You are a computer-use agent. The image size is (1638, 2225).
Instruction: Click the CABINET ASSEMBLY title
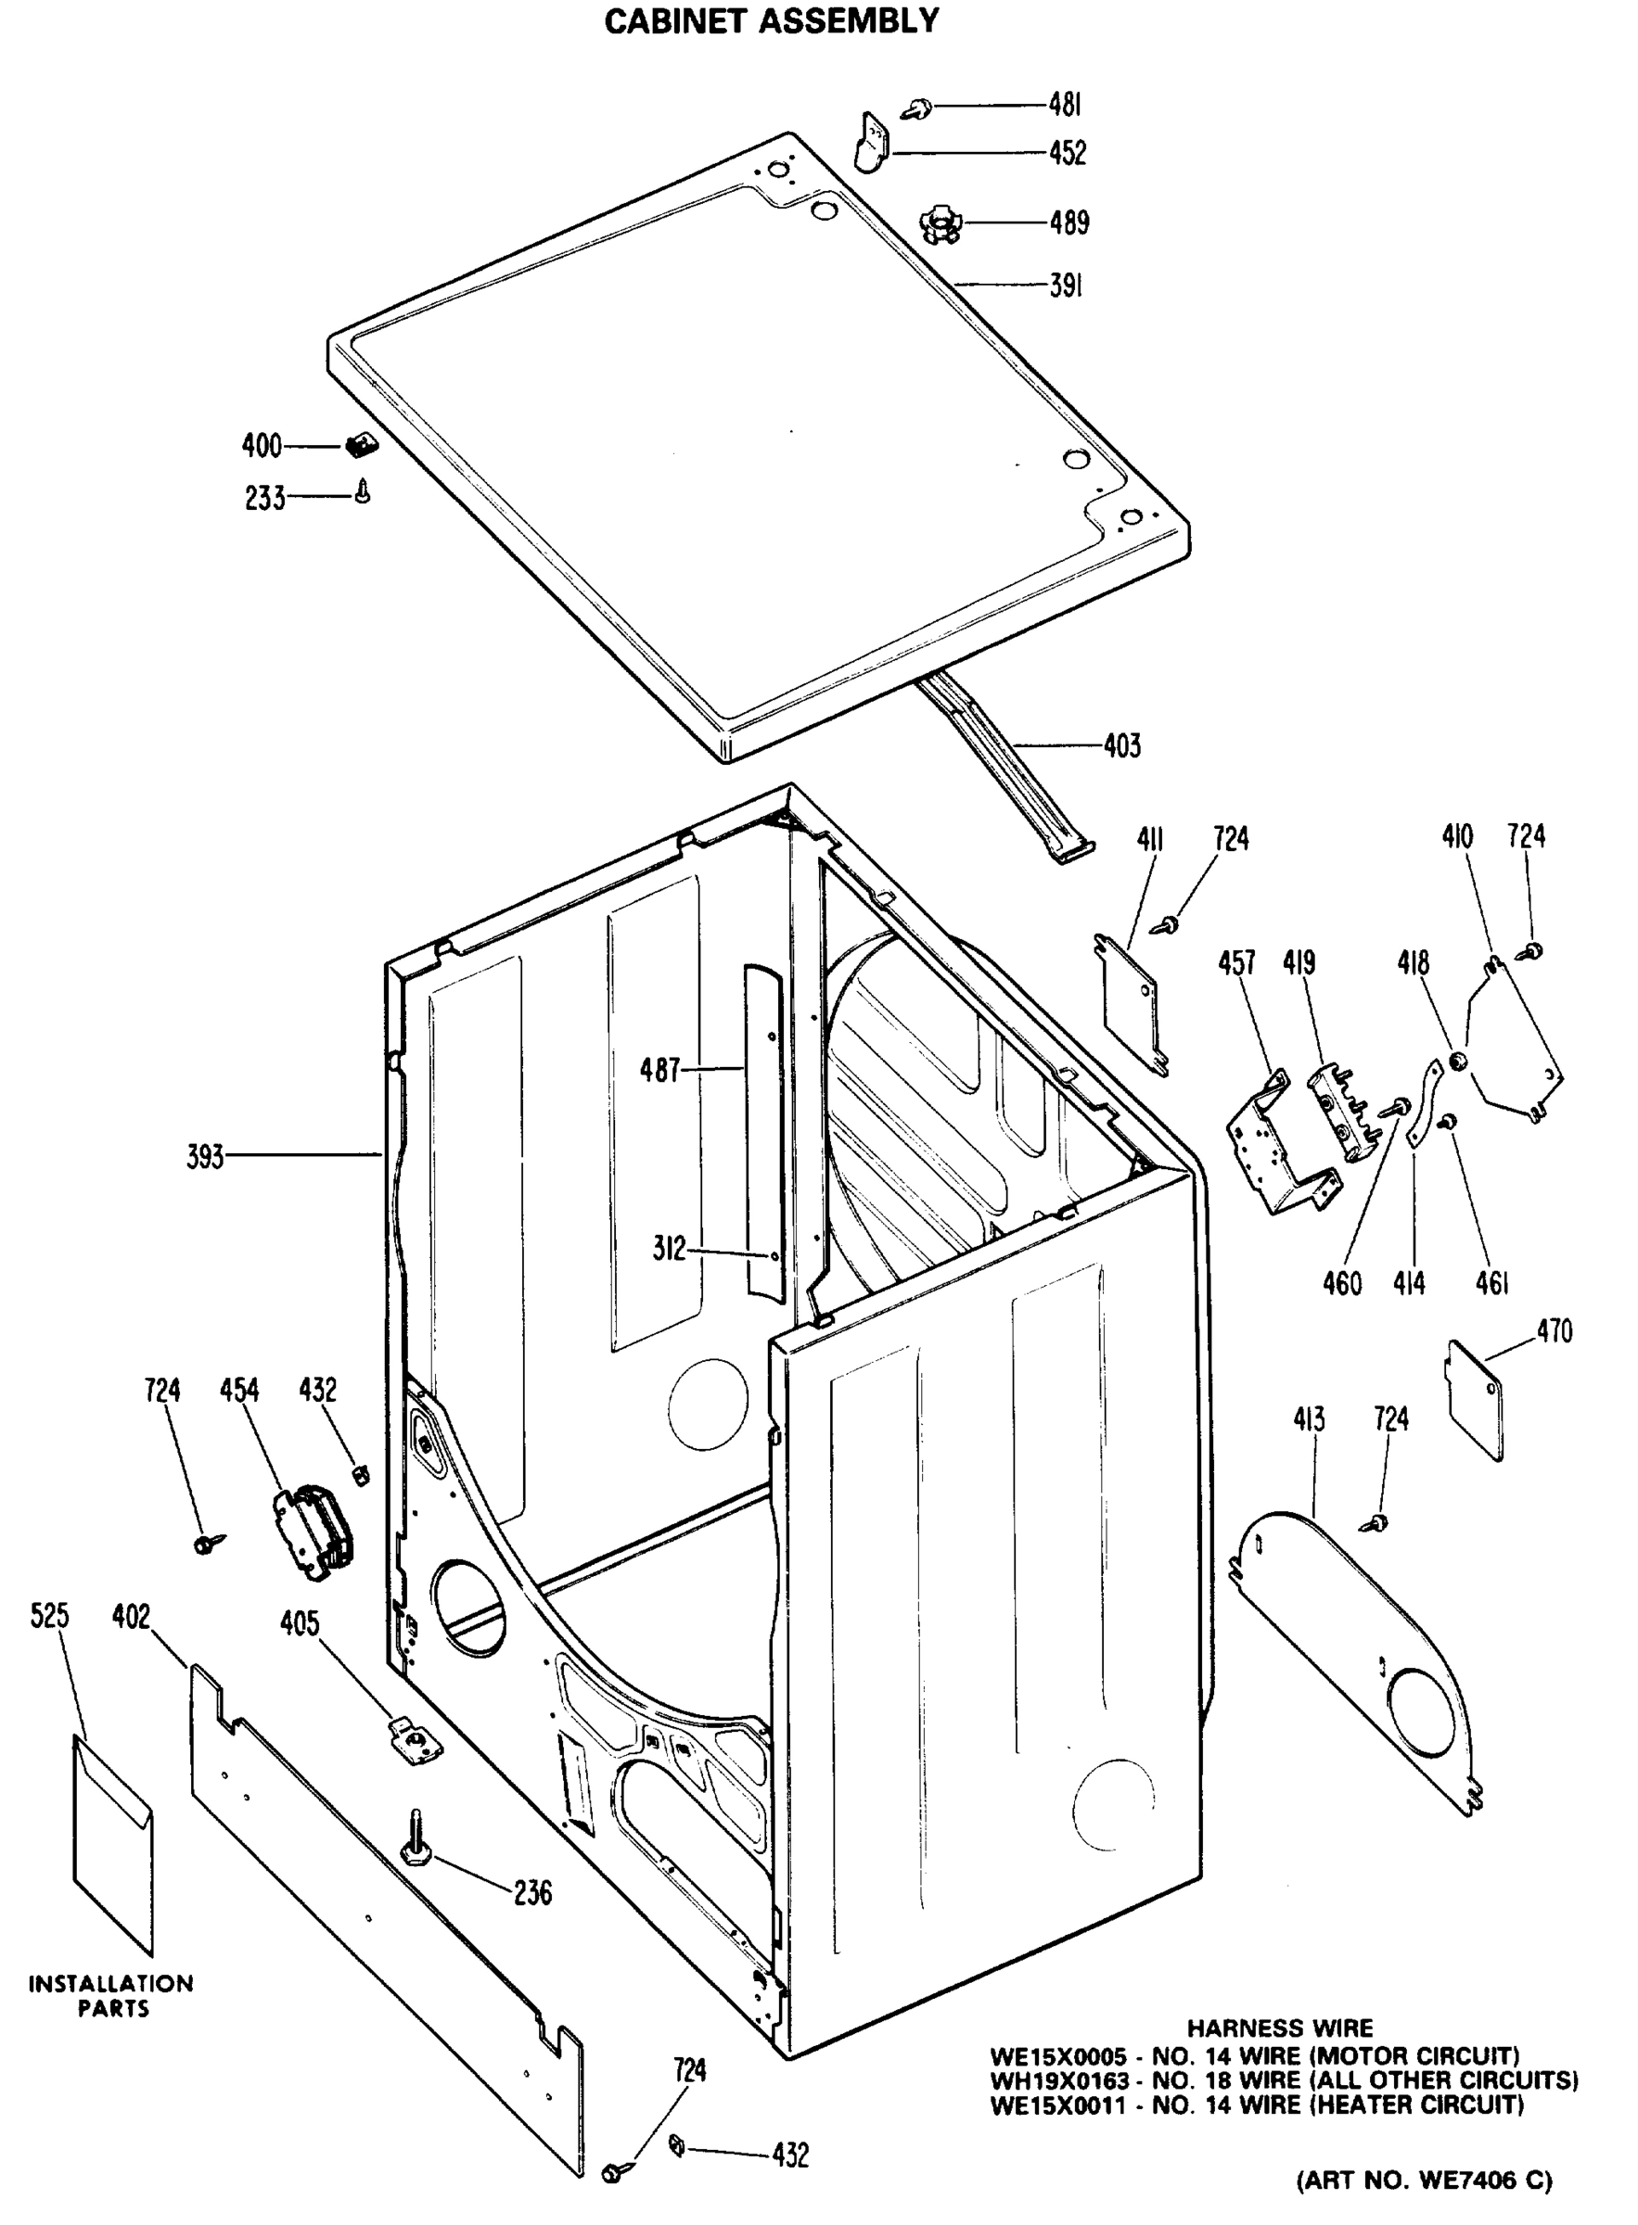tap(772, 20)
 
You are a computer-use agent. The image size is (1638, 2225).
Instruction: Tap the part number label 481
tap(1065, 104)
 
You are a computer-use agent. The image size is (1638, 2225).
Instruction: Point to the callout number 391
tap(1065, 286)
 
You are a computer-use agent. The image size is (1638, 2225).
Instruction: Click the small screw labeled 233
tap(364, 491)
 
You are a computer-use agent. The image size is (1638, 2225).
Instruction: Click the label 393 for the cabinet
tap(205, 1157)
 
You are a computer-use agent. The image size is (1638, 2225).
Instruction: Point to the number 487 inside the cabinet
tap(660, 1069)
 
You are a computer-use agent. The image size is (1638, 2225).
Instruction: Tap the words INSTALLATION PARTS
tap(111, 1996)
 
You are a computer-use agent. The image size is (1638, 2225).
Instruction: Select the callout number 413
tap(1308, 1419)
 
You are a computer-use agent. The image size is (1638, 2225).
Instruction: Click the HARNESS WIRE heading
tap(1280, 2028)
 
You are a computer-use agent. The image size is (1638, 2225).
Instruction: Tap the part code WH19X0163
tap(1059, 2079)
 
